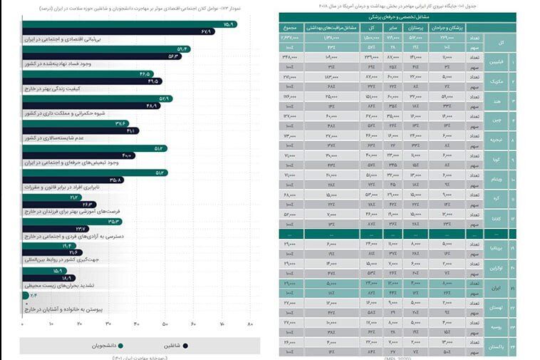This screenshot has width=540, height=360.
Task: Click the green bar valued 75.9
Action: (128, 24)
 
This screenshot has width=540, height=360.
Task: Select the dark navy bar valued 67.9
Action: (118, 32)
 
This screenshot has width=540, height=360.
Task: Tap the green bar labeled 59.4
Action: (107, 48)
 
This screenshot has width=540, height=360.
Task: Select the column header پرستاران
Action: (414, 26)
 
